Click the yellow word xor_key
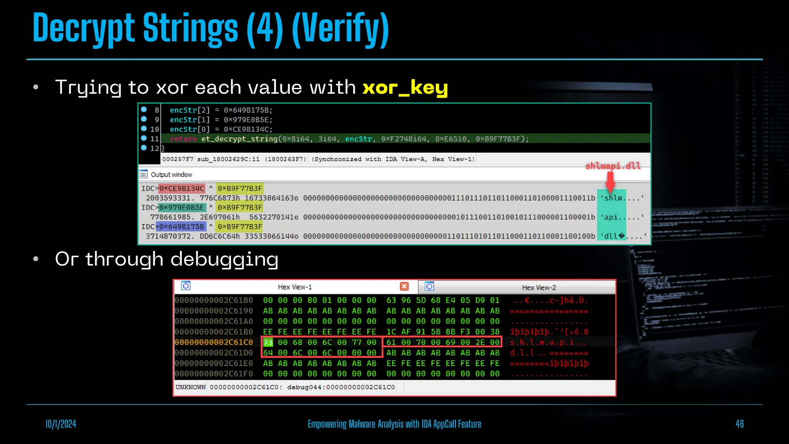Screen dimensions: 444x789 pos(405,88)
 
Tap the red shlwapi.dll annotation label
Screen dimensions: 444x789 pos(613,166)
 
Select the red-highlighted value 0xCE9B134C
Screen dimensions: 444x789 pos(181,188)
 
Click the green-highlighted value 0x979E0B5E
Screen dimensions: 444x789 pos(181,207)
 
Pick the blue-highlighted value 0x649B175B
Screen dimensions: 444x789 pos(181,227)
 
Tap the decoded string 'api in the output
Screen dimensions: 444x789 pos(610,217)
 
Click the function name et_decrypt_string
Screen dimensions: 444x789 pos(239,139)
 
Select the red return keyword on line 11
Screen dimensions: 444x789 pos(183,139)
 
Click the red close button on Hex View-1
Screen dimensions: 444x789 pos(404,286)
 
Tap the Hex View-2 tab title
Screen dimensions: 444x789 pos(539,288)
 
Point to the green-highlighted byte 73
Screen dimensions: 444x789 pos(268,342)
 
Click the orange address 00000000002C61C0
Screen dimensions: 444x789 pos(214,342)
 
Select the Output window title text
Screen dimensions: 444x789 pos(171,175)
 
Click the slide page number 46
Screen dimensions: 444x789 pos(739,424)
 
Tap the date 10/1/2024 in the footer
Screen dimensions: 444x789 pos(61,424)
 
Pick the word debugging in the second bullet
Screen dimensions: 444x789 pos(224,259)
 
